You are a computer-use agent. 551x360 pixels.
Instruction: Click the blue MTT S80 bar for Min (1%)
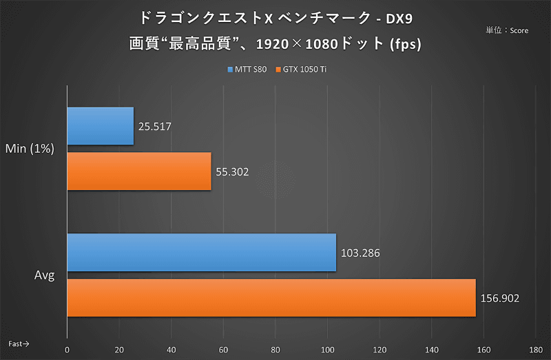tap(101, 126)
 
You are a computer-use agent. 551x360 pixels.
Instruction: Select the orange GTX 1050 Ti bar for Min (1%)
tap(139, 171)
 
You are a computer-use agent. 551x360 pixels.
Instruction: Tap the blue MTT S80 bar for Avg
tap(201, 253)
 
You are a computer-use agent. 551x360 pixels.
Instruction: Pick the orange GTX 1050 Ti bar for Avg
tap(271, 298)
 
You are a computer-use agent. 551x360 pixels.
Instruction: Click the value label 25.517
tap(154, 127)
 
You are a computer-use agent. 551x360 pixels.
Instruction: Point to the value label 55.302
tap(232, 172)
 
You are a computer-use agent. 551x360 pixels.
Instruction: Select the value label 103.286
tap(360, 253)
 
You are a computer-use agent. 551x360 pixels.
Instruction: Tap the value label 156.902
tap(500, 299)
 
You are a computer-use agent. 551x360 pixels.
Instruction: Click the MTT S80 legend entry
tap(247, 70)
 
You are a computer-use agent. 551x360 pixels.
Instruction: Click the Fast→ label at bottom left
tap(19, 342)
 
